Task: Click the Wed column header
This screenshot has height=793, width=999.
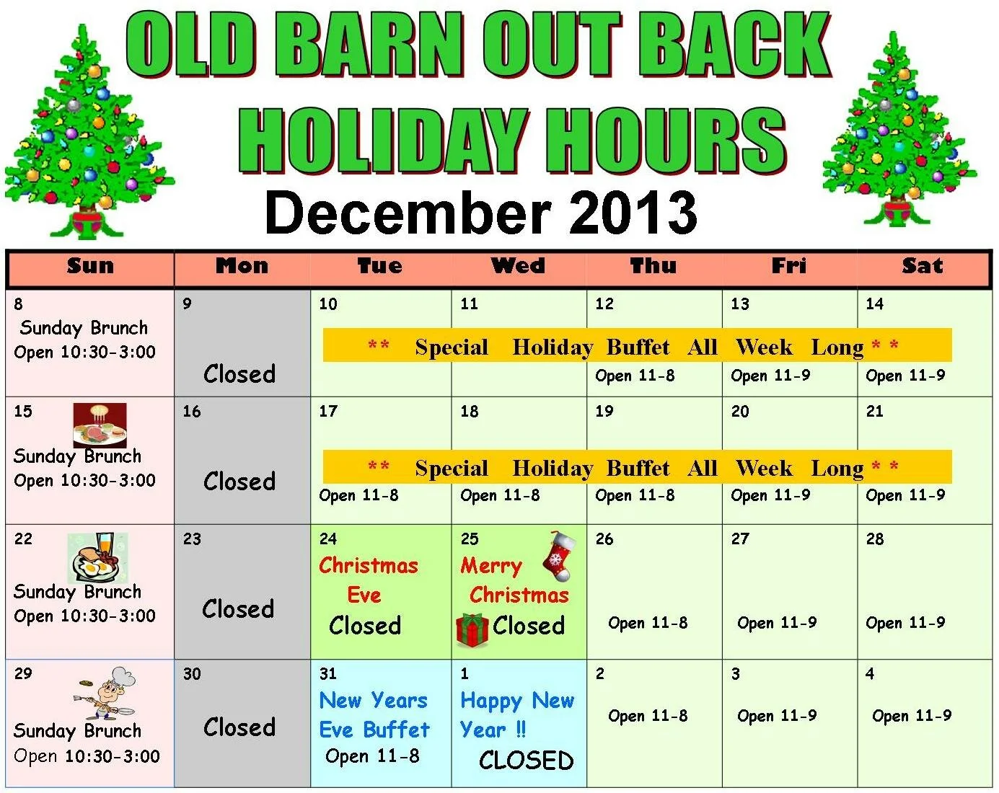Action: coord(518,266)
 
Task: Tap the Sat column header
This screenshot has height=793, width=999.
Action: coord(923,266)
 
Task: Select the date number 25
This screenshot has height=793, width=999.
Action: coord(470,539)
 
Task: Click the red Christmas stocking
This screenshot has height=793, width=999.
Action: coord(560,556)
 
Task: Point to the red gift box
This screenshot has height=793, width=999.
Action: coord(472,629)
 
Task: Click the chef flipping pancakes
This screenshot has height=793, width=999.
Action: coord(105,693)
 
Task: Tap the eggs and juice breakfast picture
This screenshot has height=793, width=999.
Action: coord(98,558)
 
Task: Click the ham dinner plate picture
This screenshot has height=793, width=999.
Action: coord(100,425)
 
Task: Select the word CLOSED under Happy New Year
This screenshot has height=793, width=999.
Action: coord(526,761)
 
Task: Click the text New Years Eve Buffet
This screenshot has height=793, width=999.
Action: coord(374,714)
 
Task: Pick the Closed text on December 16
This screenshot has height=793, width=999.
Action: coord(239,481)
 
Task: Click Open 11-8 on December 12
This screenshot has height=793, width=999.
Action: coord(635,376)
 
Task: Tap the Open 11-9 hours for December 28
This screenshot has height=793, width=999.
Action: coord(905,623)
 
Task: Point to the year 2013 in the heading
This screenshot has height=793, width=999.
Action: coord(633,213)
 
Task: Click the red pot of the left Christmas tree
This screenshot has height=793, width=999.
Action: coord(87,221)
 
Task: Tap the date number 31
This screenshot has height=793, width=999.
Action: coord(327,674)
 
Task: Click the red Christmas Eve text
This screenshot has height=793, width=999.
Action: coord(369,580)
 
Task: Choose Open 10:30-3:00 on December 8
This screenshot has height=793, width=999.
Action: coord(84,353)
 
